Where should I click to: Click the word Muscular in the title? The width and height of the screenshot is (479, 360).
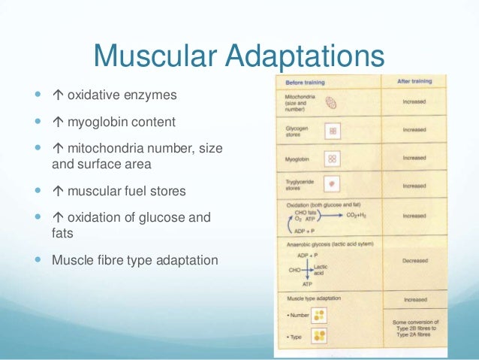151,57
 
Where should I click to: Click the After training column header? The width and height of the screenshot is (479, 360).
414,80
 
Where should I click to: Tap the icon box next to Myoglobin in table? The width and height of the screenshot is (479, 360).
333,159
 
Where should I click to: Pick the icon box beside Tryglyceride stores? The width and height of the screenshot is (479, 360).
333,185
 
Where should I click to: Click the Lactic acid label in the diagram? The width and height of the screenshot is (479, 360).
321,269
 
